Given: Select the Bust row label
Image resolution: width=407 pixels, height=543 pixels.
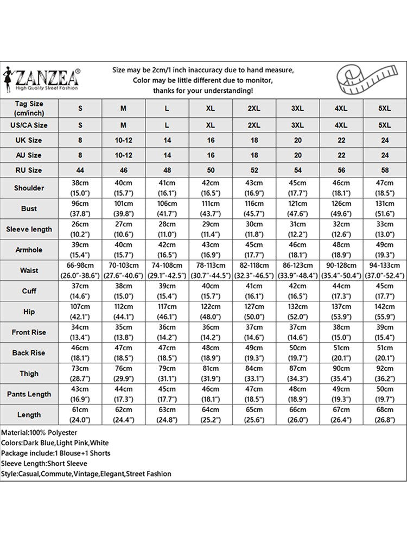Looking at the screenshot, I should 29,209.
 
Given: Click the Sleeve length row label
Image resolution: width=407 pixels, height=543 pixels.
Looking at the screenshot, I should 29,229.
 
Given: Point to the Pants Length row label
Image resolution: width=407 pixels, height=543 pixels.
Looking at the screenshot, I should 29,394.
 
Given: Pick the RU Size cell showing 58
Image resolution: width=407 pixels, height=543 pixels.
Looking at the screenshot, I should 384,170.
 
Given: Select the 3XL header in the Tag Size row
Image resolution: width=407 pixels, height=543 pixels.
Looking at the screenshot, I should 297,108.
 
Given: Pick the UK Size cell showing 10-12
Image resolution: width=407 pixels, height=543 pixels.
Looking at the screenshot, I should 124,140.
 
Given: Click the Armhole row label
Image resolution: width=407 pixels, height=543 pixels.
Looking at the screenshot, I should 29,249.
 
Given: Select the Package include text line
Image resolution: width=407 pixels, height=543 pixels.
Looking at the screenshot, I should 56,453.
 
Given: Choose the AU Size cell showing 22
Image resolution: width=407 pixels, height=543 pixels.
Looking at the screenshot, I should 341,155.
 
